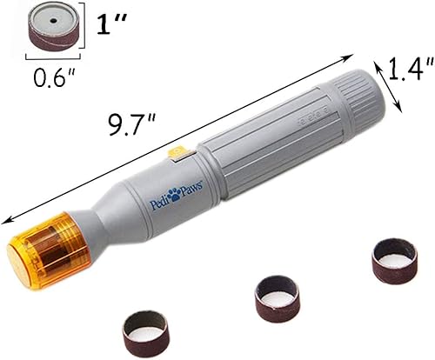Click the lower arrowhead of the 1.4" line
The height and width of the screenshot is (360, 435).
pos(402,110)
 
